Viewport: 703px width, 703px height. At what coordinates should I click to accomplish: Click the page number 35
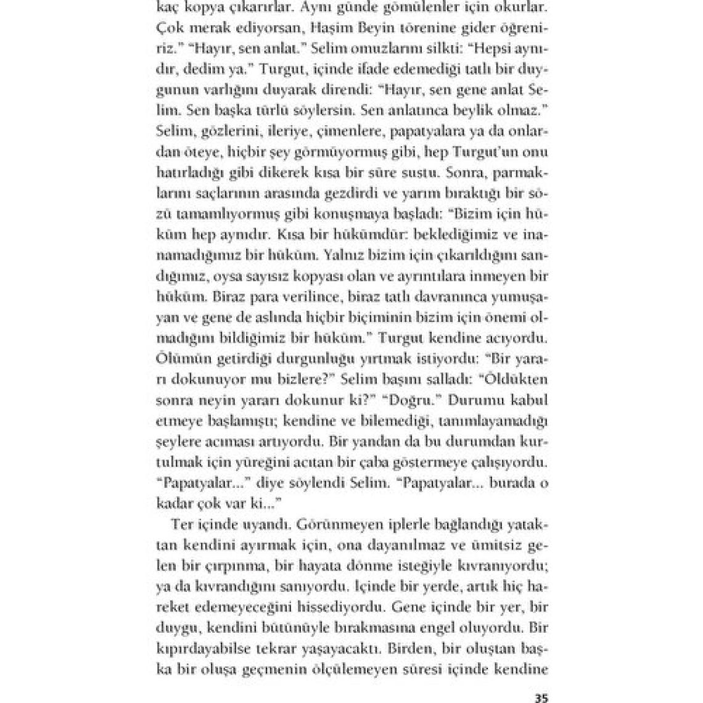(541, 698)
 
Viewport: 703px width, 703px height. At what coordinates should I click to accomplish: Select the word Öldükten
(513, 379)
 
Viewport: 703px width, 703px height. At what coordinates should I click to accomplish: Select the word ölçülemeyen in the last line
(350, 670)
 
